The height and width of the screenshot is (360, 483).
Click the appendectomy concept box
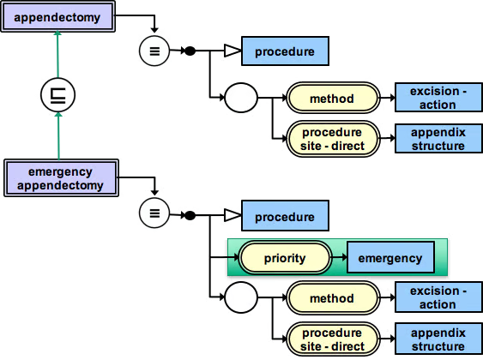click(58, 16)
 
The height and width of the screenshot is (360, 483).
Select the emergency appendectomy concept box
click(61, 177)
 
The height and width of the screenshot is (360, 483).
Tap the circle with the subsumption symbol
click(58, 95)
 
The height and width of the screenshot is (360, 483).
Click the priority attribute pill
click(285, 258)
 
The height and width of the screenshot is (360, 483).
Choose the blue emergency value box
click(390, 257)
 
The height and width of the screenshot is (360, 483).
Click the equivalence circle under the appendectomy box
click(154, 51)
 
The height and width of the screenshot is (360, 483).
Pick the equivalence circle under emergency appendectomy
click(154, 213)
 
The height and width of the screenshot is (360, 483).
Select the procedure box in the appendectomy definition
click(285, 51)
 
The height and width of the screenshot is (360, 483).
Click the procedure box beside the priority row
click(285, 216)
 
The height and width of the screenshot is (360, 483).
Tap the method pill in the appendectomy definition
click(333, 99)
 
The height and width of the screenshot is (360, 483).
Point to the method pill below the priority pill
click(333, 297)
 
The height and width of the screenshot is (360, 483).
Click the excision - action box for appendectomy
click(438, 97)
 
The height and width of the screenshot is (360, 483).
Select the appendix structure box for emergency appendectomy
click(438, 339)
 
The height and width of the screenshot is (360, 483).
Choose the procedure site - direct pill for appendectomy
click(333, 139)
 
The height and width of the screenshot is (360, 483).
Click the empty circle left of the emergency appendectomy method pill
click(241, 297)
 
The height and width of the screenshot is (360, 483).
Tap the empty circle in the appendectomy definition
click(241, 98)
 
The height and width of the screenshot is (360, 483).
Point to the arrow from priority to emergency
click(339, 257)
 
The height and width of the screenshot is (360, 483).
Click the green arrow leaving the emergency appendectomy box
click(58, 135)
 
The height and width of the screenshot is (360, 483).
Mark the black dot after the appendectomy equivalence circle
click(190, 51)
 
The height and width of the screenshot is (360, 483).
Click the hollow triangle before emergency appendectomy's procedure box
click(232, 215)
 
